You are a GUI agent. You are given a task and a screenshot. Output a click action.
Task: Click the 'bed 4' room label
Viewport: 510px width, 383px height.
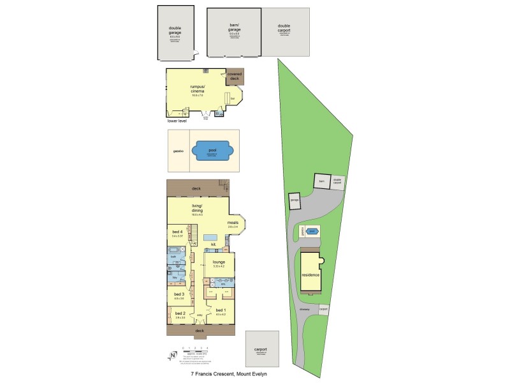tap(177, 231)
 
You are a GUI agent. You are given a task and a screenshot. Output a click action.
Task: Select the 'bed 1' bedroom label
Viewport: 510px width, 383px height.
tap(221, 310)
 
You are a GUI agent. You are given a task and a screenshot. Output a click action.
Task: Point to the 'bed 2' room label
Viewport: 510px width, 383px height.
tap(180, 313)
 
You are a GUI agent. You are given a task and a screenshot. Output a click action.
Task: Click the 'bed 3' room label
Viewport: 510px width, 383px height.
tap(179, 294)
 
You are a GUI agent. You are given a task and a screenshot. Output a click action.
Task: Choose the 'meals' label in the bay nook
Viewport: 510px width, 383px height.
tap(232, 222)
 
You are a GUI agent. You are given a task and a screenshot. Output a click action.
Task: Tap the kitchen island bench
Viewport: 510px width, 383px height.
tap(209, 237)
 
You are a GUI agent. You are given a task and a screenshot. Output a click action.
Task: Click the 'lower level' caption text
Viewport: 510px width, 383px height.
tap(177, 120)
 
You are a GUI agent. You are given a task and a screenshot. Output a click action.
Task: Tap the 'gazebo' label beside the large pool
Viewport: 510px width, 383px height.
tap(178, 151)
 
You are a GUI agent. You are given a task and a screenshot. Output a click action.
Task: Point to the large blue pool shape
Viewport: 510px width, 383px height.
tap(212, 151)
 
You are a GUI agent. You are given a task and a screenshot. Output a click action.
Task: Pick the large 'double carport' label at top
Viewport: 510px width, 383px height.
tap(284, 28)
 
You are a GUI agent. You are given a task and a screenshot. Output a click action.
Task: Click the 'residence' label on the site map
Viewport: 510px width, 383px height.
tap(310, 274)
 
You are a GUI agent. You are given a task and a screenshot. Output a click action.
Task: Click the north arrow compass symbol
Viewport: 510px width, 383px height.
tap(171, 355)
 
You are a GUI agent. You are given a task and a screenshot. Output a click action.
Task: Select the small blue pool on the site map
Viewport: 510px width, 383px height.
tap(312, 231)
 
